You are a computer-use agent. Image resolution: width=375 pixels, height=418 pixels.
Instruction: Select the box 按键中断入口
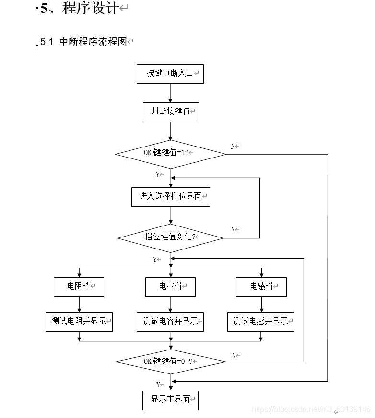pos(170,74)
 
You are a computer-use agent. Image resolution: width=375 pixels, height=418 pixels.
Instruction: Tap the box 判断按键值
pos(170,112)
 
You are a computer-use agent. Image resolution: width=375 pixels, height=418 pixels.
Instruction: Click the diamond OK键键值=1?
pos(170,154)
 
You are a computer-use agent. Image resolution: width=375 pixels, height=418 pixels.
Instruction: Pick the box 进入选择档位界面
pos(170,196)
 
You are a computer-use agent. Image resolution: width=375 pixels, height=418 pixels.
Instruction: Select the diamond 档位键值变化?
pos(170,237)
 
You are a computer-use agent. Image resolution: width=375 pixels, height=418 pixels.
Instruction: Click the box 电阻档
pos(79,286)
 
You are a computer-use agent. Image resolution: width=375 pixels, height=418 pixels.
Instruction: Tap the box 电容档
pos(170,286)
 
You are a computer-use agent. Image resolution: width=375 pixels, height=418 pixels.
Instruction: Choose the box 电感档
pos(261,286)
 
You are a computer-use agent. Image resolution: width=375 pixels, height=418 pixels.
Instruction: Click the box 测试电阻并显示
pos(79,321)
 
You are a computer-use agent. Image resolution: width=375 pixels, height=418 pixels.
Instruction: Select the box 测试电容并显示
pos(170,321)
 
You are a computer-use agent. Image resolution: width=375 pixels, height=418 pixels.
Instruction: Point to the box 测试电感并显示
pos(261,321)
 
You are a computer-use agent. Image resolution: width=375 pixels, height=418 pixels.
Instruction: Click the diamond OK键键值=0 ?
pos(170,362)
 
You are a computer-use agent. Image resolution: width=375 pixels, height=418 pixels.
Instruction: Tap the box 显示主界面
pos(170,400)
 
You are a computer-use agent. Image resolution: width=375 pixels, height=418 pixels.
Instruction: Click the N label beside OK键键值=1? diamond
pos(234,147)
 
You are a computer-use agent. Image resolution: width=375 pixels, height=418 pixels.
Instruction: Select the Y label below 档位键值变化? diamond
pos(155,260)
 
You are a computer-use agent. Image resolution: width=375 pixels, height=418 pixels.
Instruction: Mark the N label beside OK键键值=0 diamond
pos(234,356)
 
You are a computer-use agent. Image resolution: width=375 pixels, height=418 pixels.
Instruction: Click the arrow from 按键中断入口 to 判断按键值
pos(170,93)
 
